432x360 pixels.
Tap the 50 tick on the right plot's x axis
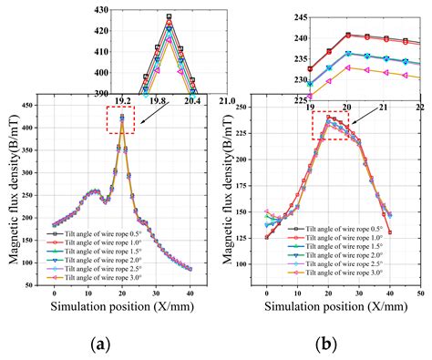[x=420, y=293]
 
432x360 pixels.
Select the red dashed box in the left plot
[x=120, y=118]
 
